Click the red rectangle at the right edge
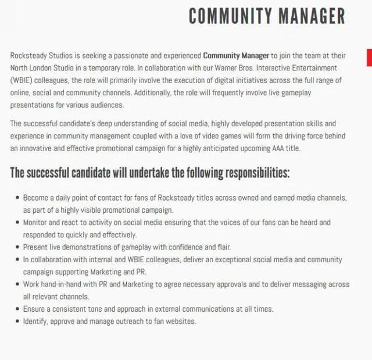tap(369, 58)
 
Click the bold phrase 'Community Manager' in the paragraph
tap(236, 56)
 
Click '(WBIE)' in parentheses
tap(22, 81)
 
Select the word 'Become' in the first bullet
tap(35, 198)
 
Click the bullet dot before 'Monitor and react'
tap(17, 223)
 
